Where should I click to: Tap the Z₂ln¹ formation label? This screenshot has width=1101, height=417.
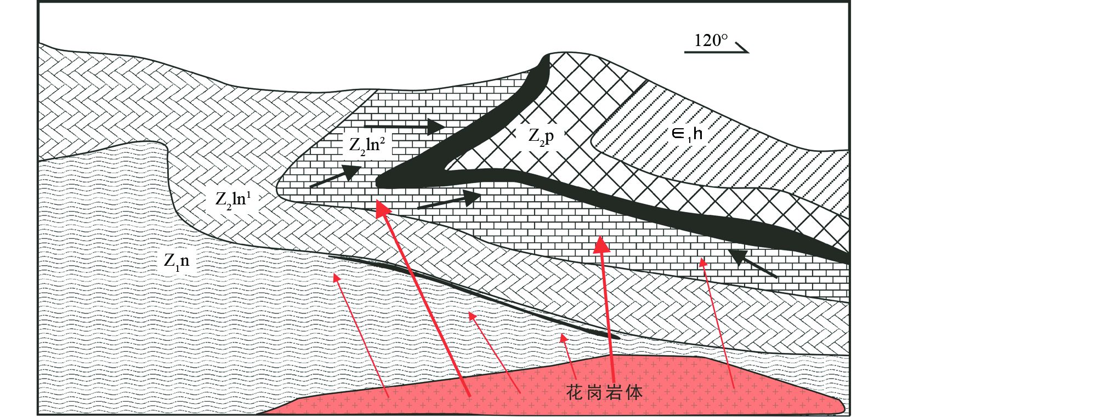(x=233, y=198)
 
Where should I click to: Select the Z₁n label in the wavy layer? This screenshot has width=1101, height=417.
(x=177, y=261)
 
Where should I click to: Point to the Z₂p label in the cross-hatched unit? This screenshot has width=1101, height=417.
(x=541, y=136)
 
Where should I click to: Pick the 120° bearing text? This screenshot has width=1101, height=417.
(x=711, y=41)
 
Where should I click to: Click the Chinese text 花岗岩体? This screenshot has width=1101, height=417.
(x=604, y=392)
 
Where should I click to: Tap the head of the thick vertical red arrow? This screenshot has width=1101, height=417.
(x=602, y=244)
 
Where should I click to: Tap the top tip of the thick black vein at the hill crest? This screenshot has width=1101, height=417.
(x=545, y=57)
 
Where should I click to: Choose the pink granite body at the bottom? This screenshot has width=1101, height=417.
(x=548, y=386)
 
